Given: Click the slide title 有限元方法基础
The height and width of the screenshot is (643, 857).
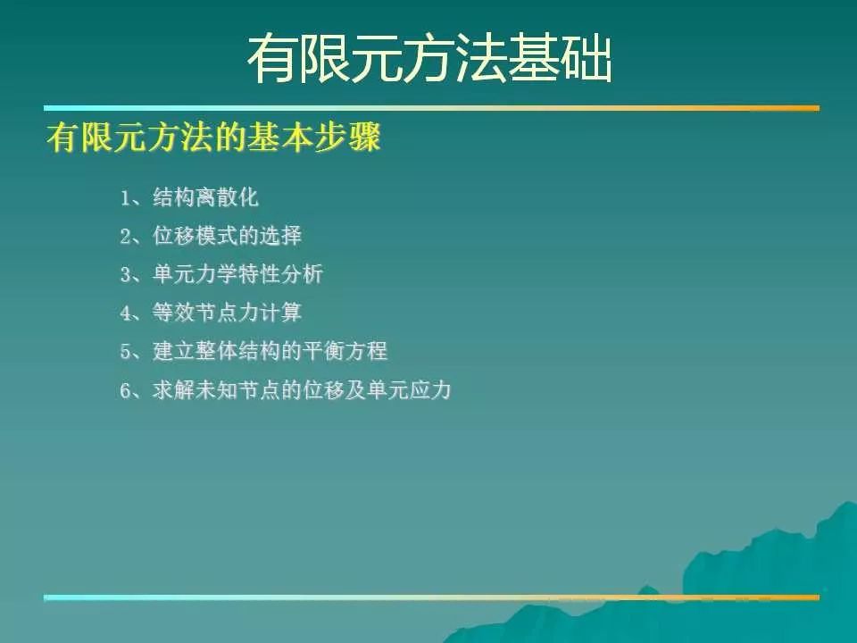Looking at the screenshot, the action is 429,59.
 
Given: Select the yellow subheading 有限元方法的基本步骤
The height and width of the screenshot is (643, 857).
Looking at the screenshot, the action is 213,137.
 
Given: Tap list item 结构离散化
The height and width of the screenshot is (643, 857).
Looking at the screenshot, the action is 205,197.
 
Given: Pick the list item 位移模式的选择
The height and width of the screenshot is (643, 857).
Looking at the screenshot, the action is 227,236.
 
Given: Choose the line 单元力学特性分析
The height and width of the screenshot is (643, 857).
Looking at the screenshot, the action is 237,274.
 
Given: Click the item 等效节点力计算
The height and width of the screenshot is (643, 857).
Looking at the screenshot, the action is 227,313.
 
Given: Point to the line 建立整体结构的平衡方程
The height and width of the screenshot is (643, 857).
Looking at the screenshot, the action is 270,351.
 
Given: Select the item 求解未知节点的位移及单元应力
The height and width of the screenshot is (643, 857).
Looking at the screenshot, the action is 303,390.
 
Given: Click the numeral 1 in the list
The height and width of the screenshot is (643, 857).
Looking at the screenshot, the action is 125,198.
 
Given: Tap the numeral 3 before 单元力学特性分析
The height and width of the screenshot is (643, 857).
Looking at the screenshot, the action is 126,274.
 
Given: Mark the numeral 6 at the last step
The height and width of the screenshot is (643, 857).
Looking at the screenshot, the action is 126,390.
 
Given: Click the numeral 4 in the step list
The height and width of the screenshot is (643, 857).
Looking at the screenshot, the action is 126,313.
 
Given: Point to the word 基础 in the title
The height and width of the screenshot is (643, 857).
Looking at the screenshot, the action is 561,59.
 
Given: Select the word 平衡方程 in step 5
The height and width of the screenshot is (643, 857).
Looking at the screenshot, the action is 345,351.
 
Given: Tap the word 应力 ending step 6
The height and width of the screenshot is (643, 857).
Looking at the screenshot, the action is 430,390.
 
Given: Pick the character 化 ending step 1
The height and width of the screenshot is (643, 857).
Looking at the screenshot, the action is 248,197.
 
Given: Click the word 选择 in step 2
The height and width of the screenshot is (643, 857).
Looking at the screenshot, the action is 280,236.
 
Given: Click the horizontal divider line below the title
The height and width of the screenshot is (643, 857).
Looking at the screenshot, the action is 431,108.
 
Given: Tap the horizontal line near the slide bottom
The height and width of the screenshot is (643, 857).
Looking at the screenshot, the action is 431,597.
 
